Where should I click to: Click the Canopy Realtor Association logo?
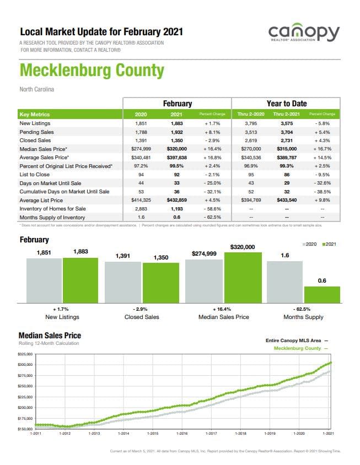point(304,34)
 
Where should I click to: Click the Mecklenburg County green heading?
point(92,71)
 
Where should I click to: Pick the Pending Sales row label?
point(37,132)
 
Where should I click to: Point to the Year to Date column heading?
point(286,103)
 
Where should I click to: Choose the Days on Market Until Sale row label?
point(50,183)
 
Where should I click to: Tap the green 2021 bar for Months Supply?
point(322,294)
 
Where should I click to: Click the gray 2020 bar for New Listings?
point(44,280)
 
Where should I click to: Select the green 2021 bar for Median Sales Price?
point(243,277)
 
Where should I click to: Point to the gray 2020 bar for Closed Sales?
point(123,282)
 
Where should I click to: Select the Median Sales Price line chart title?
point(50,335)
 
